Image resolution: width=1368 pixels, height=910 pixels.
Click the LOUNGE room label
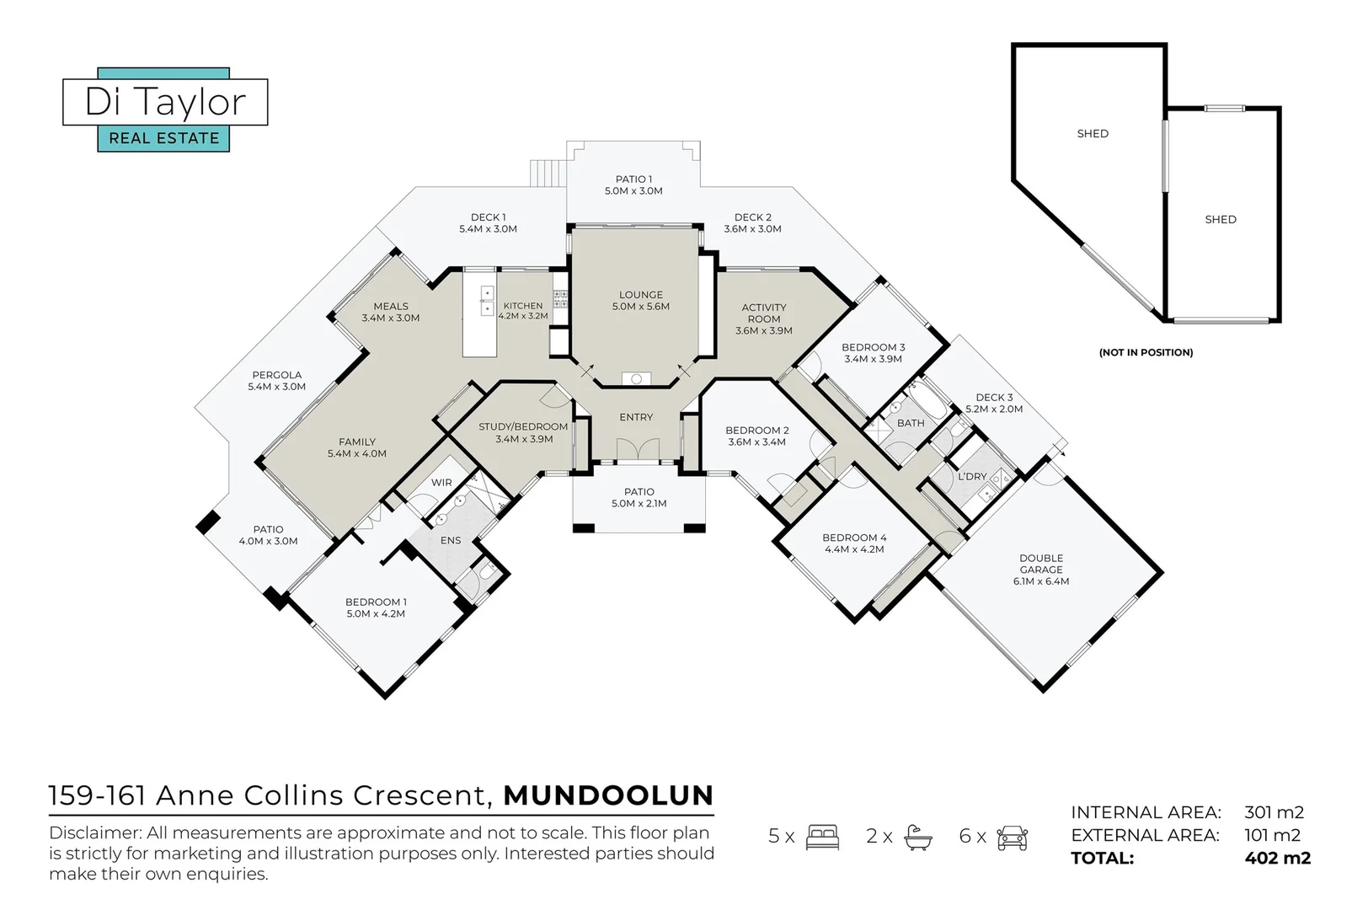(x=640, y=301)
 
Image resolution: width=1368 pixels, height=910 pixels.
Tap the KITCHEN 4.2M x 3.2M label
(x=523, y=311)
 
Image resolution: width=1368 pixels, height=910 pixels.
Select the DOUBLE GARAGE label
(x=1041, y=570)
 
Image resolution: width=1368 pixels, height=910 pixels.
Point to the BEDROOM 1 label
(x=376, y=608)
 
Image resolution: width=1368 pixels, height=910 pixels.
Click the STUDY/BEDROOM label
(x=523, y=432)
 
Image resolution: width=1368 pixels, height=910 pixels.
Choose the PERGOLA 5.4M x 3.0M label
(x=276, y=381)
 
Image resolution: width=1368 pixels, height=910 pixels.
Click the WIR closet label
(x=441, y=483)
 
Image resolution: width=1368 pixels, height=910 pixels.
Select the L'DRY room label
(x=972, y=476)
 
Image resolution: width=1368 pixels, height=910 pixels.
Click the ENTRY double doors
(x=637, y=450)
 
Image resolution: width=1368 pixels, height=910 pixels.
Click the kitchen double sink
(x=487, y=301)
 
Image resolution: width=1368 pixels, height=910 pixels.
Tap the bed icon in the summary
(x=822, y=837)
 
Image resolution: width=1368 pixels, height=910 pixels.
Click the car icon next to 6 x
(x=1012, y=837)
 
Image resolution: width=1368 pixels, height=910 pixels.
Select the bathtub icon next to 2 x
(x=917, y=837)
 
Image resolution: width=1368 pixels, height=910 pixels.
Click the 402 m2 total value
(x=1277, y=859)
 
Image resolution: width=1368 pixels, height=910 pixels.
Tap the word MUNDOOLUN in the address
(x=608, y=795)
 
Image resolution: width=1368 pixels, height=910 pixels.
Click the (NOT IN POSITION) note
(x=1146, y=352)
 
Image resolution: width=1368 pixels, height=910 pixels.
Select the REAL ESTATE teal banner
(x=164, y=138)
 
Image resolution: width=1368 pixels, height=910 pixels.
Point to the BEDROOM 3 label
(x=873, y=352)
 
